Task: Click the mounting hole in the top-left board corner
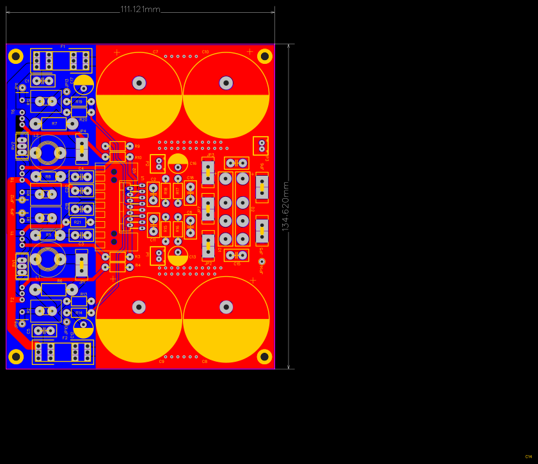(16, 56)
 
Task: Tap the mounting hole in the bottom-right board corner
(264, 357)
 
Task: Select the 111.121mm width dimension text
(140, 9)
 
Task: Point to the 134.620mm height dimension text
(286, 206)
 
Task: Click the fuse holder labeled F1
(61, 61)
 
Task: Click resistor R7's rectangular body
(54, 123)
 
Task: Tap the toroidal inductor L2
(48, 153)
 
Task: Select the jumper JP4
(82, 149)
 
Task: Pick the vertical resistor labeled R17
(178, 190)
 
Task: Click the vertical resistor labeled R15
(166, 229)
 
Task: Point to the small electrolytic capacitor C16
(178, 163)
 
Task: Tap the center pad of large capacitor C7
(139, 82)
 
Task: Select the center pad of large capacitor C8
(226, 307)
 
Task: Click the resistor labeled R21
(78, 222)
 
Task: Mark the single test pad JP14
(262, 261)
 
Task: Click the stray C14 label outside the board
(528, 456)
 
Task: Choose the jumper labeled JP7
(208, 209)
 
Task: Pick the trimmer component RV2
(22, 146)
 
